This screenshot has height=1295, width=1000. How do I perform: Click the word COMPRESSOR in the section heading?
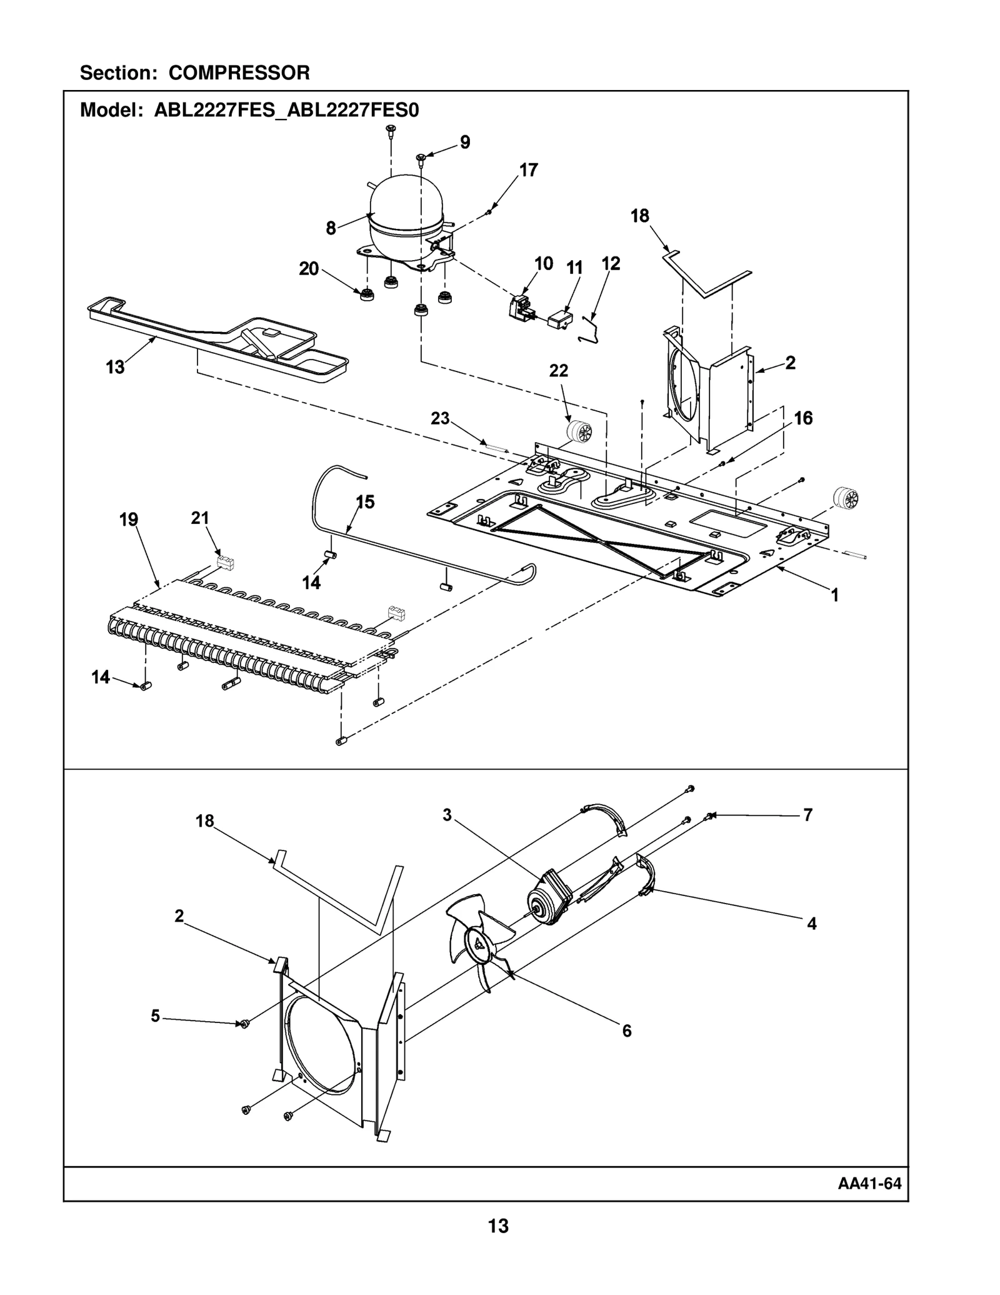click(x=239, y=73)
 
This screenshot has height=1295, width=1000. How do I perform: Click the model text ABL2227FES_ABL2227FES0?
click(x=286, y=111)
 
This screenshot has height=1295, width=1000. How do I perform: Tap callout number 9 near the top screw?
click(x=465, y=143)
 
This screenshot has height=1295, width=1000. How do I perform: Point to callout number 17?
click(x=529, y=170)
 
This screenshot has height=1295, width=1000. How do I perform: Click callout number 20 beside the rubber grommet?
click(x=309, y=269)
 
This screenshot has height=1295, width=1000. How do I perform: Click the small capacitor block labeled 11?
click(x=559, y=320)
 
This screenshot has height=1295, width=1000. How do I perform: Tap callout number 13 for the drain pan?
click(x=115, y=368)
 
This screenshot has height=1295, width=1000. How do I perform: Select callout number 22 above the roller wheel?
click(x=559, y=371)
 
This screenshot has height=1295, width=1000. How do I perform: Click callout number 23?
click(x=440, y=418)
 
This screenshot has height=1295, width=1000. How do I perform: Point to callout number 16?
click(x=803, y=418)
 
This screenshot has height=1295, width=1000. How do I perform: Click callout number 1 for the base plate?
click(x=834, y=595)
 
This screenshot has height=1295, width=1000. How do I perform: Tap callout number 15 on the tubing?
click(x=365, y=501)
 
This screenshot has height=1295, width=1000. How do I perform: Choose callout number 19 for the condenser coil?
click(x=129, y=520)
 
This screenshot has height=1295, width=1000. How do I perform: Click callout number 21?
click(x=200, y=518)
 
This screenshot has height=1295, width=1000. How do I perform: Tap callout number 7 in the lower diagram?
click(x=807, y=815)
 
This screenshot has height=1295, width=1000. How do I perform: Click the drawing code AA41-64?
click(x=869, y=1184)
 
